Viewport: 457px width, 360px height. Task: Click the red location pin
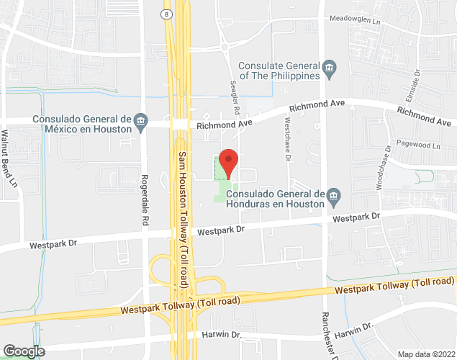coord(228,162)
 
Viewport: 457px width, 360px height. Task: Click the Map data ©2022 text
coord(426,354)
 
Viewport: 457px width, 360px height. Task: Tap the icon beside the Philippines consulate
coord(330,68)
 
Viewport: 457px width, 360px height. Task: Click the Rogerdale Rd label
coord(145,202)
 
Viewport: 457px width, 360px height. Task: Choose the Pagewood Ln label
coord(417,145)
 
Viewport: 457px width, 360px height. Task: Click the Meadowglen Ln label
coord(356,22)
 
